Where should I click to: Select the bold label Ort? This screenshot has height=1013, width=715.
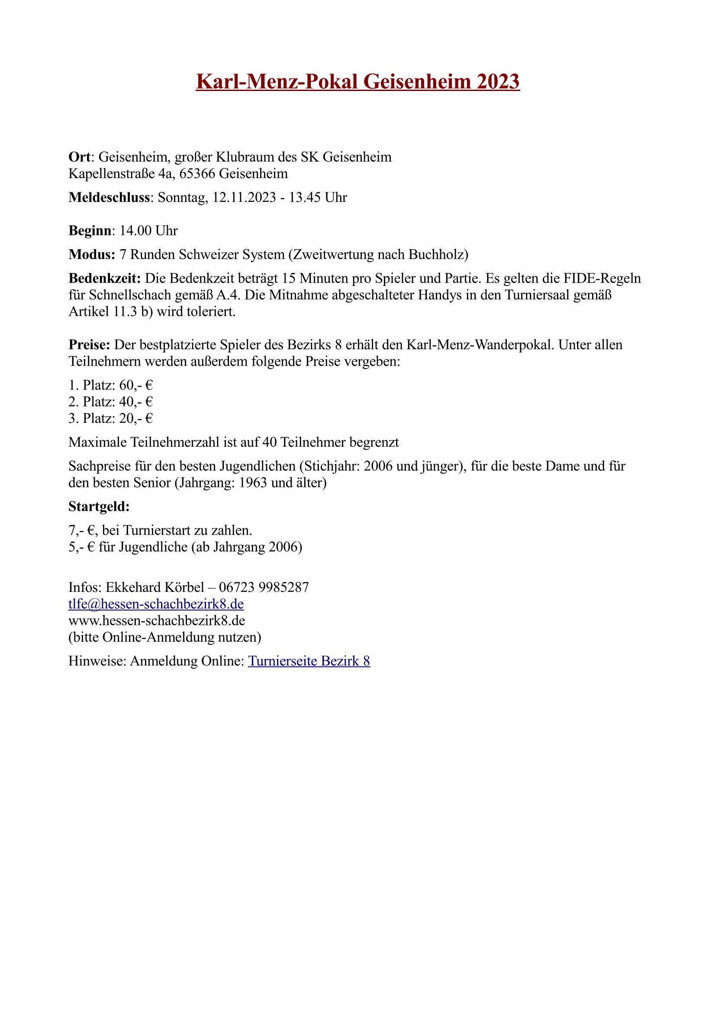[x=80, y=157]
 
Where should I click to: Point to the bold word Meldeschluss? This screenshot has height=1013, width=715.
[x=110, y=198]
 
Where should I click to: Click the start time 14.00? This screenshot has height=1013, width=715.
[x=136, y=231]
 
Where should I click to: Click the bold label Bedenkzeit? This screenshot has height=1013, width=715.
[x=104, y=279]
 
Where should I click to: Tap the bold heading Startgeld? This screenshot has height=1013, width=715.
[x=99, y=507]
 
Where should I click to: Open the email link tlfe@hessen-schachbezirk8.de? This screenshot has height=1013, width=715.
[x=156, y=604]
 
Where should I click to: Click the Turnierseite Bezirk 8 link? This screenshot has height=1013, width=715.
[x=309, y=661]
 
